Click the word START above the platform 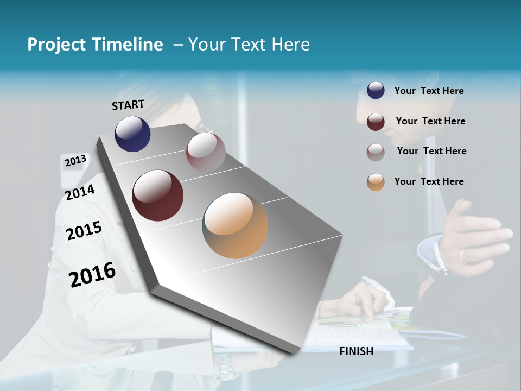(x=128, y=104)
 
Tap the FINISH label (x=356, y=351)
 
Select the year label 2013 (x=75, y=161)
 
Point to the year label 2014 (x=80, y=192)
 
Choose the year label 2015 (x=84, y=231)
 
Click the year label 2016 (x=92, y=275)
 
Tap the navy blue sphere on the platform (x=132, y=134)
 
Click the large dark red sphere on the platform (x=157, y=195)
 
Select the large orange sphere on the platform (x=235, y=225)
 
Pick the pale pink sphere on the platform (x=206, y=152)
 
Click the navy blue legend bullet (x=376, y=91)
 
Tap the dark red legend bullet (x=376, y=122)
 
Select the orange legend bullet (x=376, y=182)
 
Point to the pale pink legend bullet (x=376, y=152)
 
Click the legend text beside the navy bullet (x=429, y=91)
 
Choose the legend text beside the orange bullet (x=429, y=181)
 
